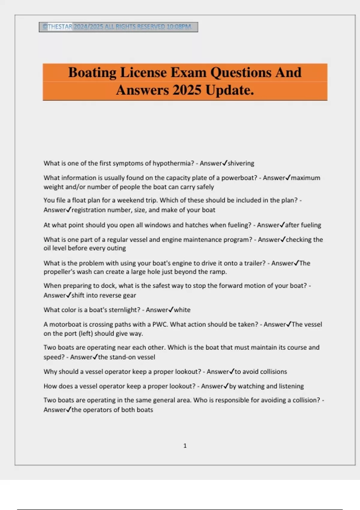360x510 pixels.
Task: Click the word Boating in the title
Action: coord(92,73)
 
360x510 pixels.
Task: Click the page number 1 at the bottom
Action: coord(185,446)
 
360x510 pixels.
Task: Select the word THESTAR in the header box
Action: coord(60,27)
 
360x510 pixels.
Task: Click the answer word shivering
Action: coord(241,163)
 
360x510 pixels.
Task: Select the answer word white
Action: coord(182,310)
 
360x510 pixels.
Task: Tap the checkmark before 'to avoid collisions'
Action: coord(232,371)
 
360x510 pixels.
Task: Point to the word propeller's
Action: coord(59,272)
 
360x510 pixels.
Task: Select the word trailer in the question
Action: coord(254,263)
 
